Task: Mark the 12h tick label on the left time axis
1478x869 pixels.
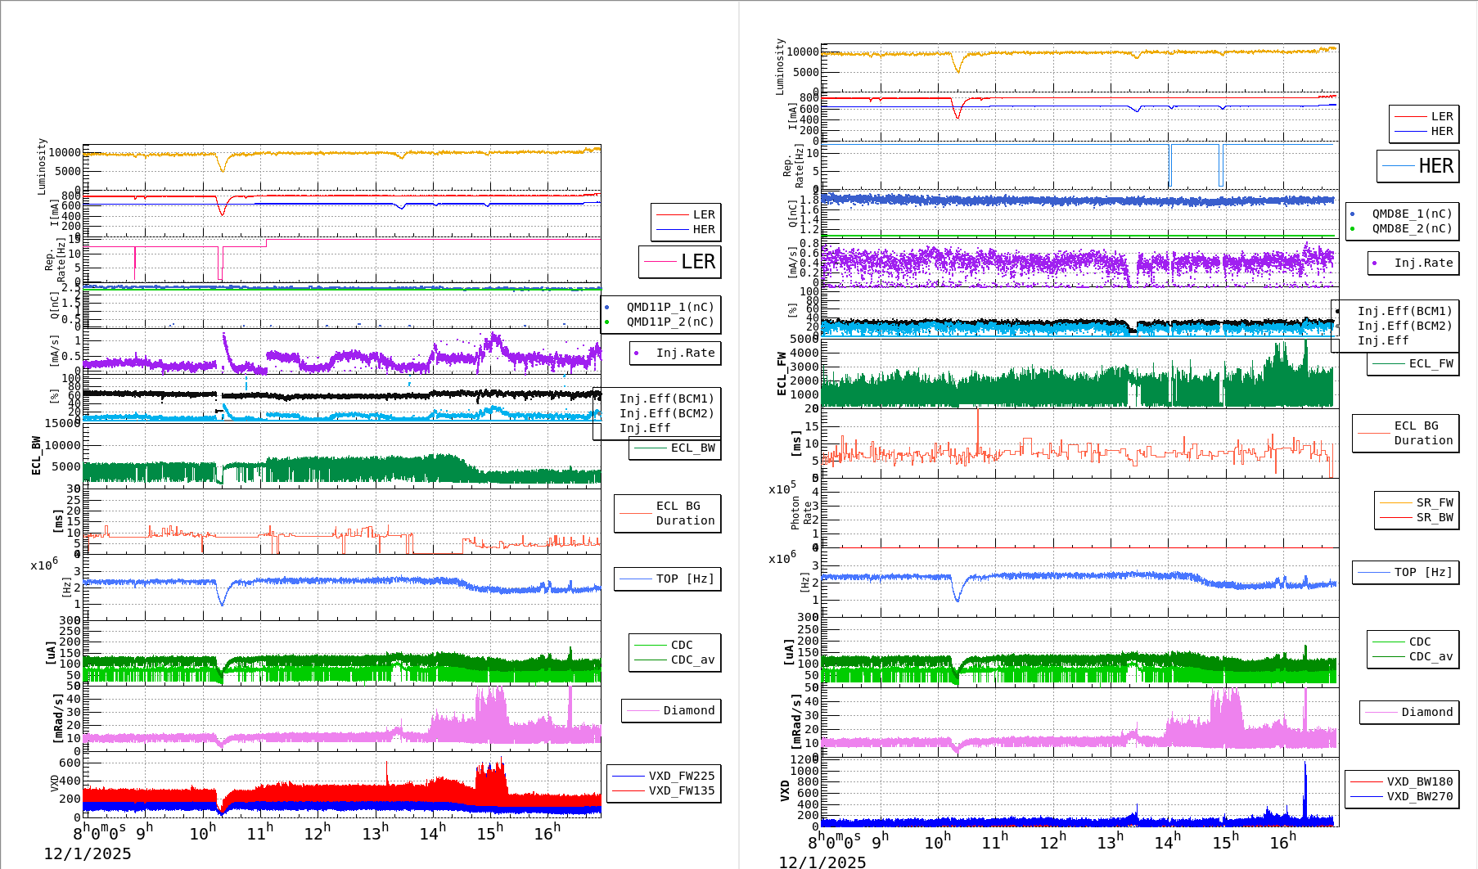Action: pyautogui.click(x=318, y=833)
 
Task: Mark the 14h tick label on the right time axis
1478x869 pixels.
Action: pyautogui.click(x=1167, y=841)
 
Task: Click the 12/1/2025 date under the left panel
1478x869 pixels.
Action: pyautogui.click(x=88, y=854)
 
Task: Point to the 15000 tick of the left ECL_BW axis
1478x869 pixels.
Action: pyautogui.click(x=62, y=423)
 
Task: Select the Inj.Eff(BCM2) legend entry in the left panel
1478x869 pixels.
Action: pyautogui.click(x=666, y=414)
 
